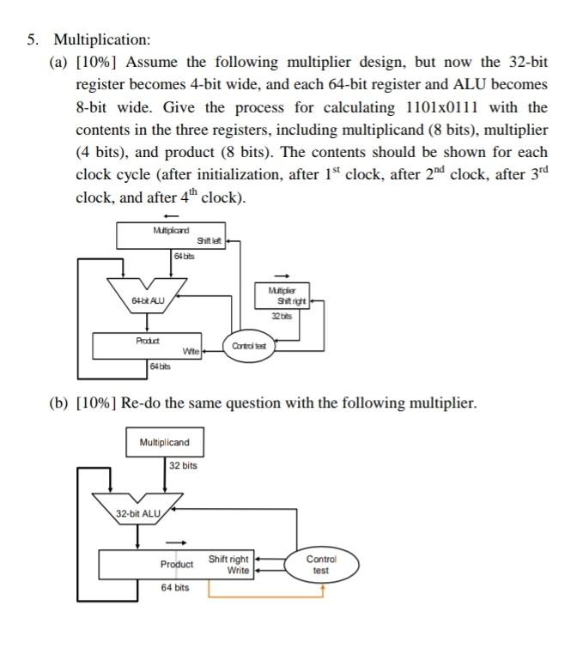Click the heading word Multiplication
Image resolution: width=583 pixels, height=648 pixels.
[x=102, y=40]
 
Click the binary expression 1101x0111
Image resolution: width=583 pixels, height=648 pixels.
[x=441, y=107]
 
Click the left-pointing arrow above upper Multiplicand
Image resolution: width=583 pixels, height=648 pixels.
[x=171, y=215]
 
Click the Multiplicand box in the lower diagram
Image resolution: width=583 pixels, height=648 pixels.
[x=165, y=442]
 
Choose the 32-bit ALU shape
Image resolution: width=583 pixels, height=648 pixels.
[x=140, y=508]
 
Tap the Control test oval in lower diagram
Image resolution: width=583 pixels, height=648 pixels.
[x=320, y=564]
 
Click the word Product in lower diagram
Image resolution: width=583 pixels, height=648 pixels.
[x=177, y=565]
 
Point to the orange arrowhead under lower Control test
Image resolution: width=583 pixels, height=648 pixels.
[x=322, y=589]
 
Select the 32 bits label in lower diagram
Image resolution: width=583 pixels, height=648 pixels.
[x=183, y=465]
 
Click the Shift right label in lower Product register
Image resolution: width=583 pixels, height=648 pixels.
[x=228, y=560]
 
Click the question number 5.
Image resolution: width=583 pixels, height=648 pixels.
[x=33, y=40]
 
